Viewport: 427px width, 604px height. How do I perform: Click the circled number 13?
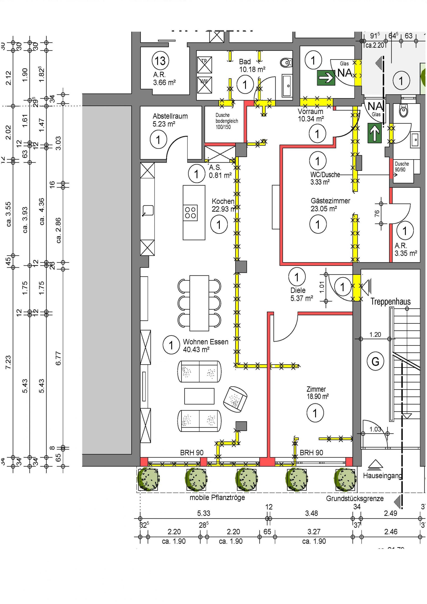click(160, 61)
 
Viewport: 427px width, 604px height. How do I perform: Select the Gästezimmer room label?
click(330, 205)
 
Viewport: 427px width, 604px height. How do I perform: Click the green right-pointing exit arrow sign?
click(326, 78)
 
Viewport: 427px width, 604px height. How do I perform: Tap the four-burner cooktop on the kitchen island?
click(191, 213)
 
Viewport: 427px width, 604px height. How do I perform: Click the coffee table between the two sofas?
click(199, 396)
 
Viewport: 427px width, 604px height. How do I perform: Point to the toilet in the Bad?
click(286, 63)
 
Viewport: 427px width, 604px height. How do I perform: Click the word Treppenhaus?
click(390, 302)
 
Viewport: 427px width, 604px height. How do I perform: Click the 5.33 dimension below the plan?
click(204, 513)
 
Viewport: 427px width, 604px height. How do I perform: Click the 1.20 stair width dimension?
click(375, 335)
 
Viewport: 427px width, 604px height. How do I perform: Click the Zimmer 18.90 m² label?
click(317, 393)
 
